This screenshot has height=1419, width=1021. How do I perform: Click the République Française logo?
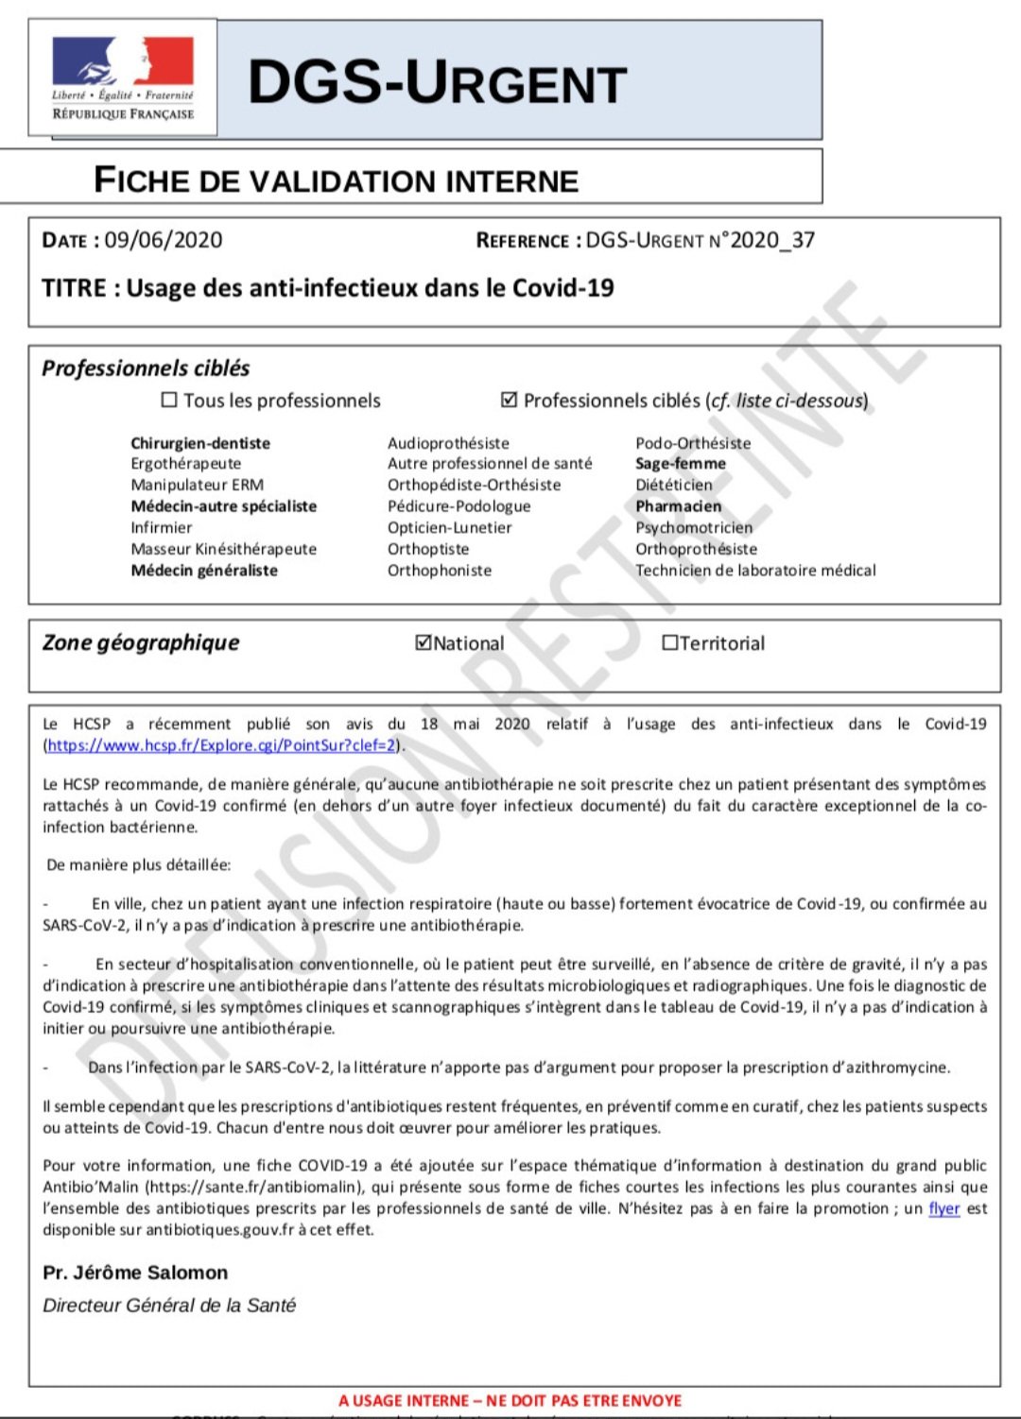click(123, 77)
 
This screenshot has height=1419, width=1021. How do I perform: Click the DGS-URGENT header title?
click(437, 82)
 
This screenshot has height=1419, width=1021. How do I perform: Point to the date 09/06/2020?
click(164, 240)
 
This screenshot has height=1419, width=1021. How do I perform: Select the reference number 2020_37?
click(772, 240)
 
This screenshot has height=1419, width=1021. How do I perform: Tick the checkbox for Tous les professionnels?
click(169, 400)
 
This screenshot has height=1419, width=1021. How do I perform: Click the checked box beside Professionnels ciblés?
click(509, 400)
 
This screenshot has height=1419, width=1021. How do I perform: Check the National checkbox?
click(424, 642)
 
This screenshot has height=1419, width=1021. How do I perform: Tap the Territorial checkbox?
click(670, 642)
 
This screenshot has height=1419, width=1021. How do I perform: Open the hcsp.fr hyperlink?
click(221, 745)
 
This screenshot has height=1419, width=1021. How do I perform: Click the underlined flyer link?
click(943, 1208)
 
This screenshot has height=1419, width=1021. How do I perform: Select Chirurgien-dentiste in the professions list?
click(200, 443)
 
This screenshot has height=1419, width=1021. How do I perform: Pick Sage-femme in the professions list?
click(681, 463)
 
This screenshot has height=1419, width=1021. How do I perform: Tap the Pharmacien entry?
click(678, 506)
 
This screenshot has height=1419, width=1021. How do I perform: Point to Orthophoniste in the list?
click(440, 571)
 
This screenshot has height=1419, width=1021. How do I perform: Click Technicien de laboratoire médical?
click(755, 571)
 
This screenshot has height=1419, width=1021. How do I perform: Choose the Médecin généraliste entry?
click(204, 571)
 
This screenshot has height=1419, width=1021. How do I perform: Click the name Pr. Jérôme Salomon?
click(135, 1273)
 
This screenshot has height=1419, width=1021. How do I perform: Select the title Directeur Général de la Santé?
click(169, 1305)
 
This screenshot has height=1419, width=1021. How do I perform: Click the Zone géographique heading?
click(141, 642)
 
